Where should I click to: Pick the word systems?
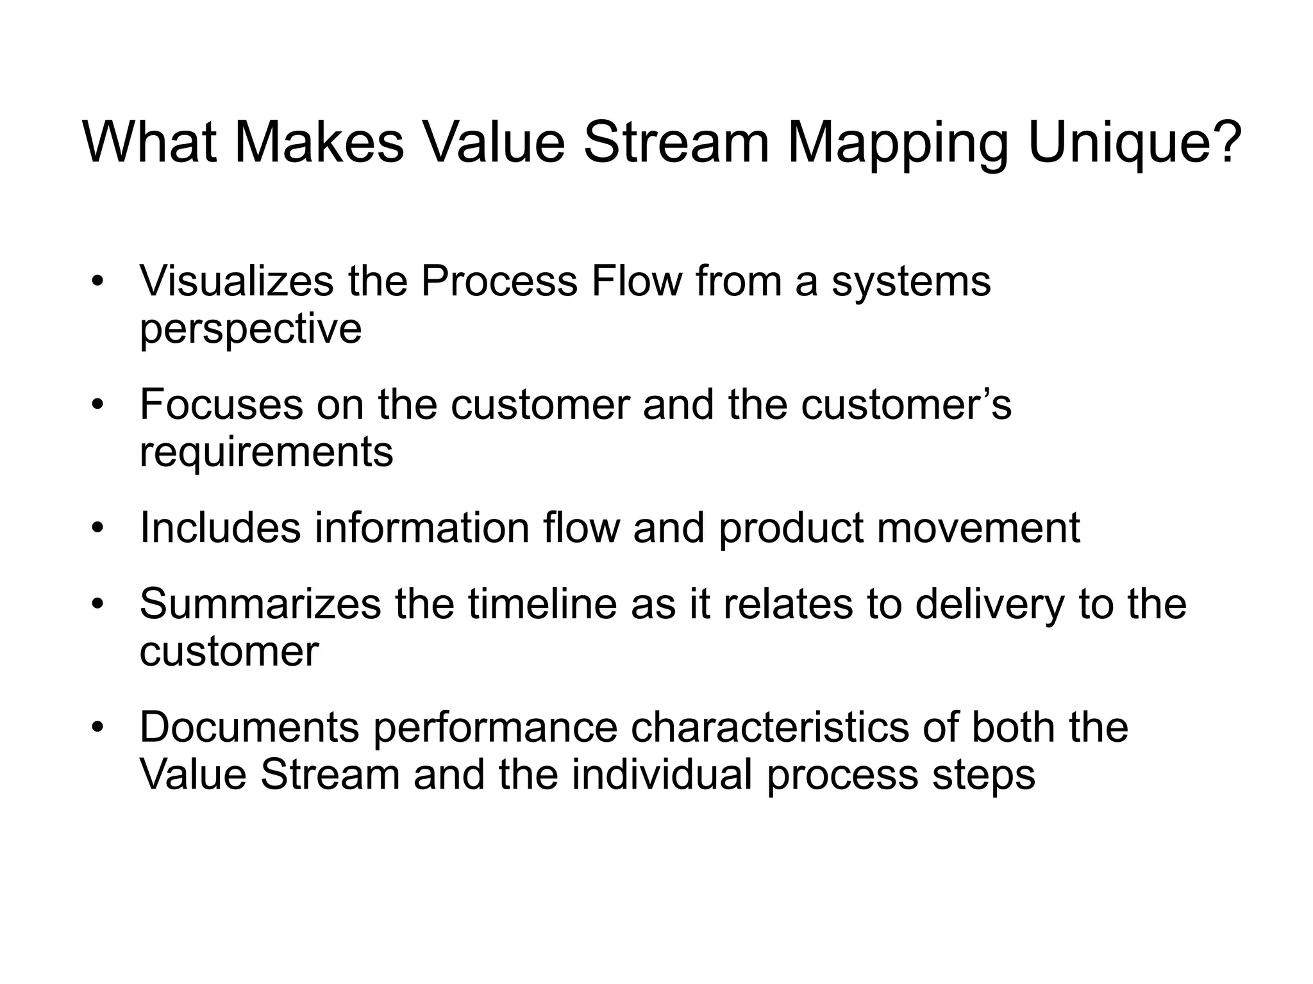pos(911,282)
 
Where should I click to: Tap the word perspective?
pos(251,329)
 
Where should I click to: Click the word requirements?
pos(266,452)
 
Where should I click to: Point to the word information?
pos(422,527)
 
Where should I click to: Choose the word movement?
pos(978,527)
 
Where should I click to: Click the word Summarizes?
pos(260,604)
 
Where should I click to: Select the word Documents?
pos(249,727)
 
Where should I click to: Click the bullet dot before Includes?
pos(97,529)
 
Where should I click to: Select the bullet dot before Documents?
pos(97,728)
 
